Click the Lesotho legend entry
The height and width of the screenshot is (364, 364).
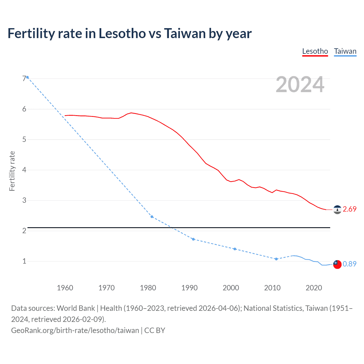pyautogui.click(x=315, y=51)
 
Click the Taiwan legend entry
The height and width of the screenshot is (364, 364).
pyautogui.click(x=345, y=51)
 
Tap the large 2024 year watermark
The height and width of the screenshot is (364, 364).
pyautogui.click(x=300, y=84)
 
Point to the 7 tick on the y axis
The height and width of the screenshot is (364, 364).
pyautogui.click(x=24, y=78)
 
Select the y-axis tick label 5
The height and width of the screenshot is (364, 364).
pyautogui.click(x=24, y=139)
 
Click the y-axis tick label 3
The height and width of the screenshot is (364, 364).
pyautogui.click(x=24, y=200)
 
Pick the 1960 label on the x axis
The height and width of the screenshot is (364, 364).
pyautogui.click(x=65, y=288)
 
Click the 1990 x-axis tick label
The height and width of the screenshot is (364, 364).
pyautogui.click(x=189, y=288)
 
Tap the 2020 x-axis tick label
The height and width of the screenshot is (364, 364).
pyautogui.click(x=314, y=288)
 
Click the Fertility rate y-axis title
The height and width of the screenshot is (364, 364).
pyautogui.click(x=12, y=171)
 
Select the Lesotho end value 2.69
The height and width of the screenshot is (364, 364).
pyautogui.click(x=349, y=209)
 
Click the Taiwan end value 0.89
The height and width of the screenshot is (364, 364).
pyautogui.click(x=349, y=264)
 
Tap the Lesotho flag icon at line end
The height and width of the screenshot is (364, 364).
pyautogui.click(x=337, y=210)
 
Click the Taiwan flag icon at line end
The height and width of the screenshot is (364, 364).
pyautogui.click(x=337, y=264)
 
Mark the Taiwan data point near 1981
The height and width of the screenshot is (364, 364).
pyautogui.click(x=152, y=217)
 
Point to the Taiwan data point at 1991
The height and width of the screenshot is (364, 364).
pyautogui.click(x=193, y=239)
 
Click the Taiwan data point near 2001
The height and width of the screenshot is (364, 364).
pyautogui.click(x=235, y=249)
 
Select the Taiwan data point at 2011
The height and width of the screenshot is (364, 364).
pyautogui.click(x=276, y=259)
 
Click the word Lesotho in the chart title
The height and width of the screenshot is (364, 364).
pyautogui.click(x=122, y=33)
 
